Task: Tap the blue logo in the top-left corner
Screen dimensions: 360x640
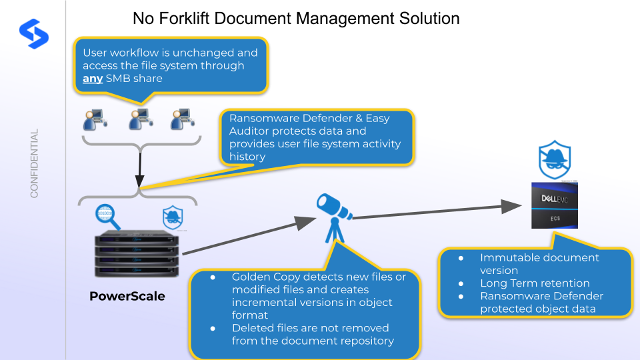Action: click(x=34, y=33)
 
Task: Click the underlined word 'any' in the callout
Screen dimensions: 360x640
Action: click(x=93, y=79)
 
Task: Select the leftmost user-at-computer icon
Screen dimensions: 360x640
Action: click(x=93, y=120)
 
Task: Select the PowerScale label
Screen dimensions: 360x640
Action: click(x=127, y=295)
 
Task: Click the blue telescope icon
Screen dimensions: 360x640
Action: click(x=335, y=215)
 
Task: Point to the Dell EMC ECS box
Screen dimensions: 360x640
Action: click(x=554, y=205)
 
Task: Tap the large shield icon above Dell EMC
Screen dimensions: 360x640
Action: click(x=555, y=157)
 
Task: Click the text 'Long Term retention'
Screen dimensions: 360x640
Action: click(x=535, y=283)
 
